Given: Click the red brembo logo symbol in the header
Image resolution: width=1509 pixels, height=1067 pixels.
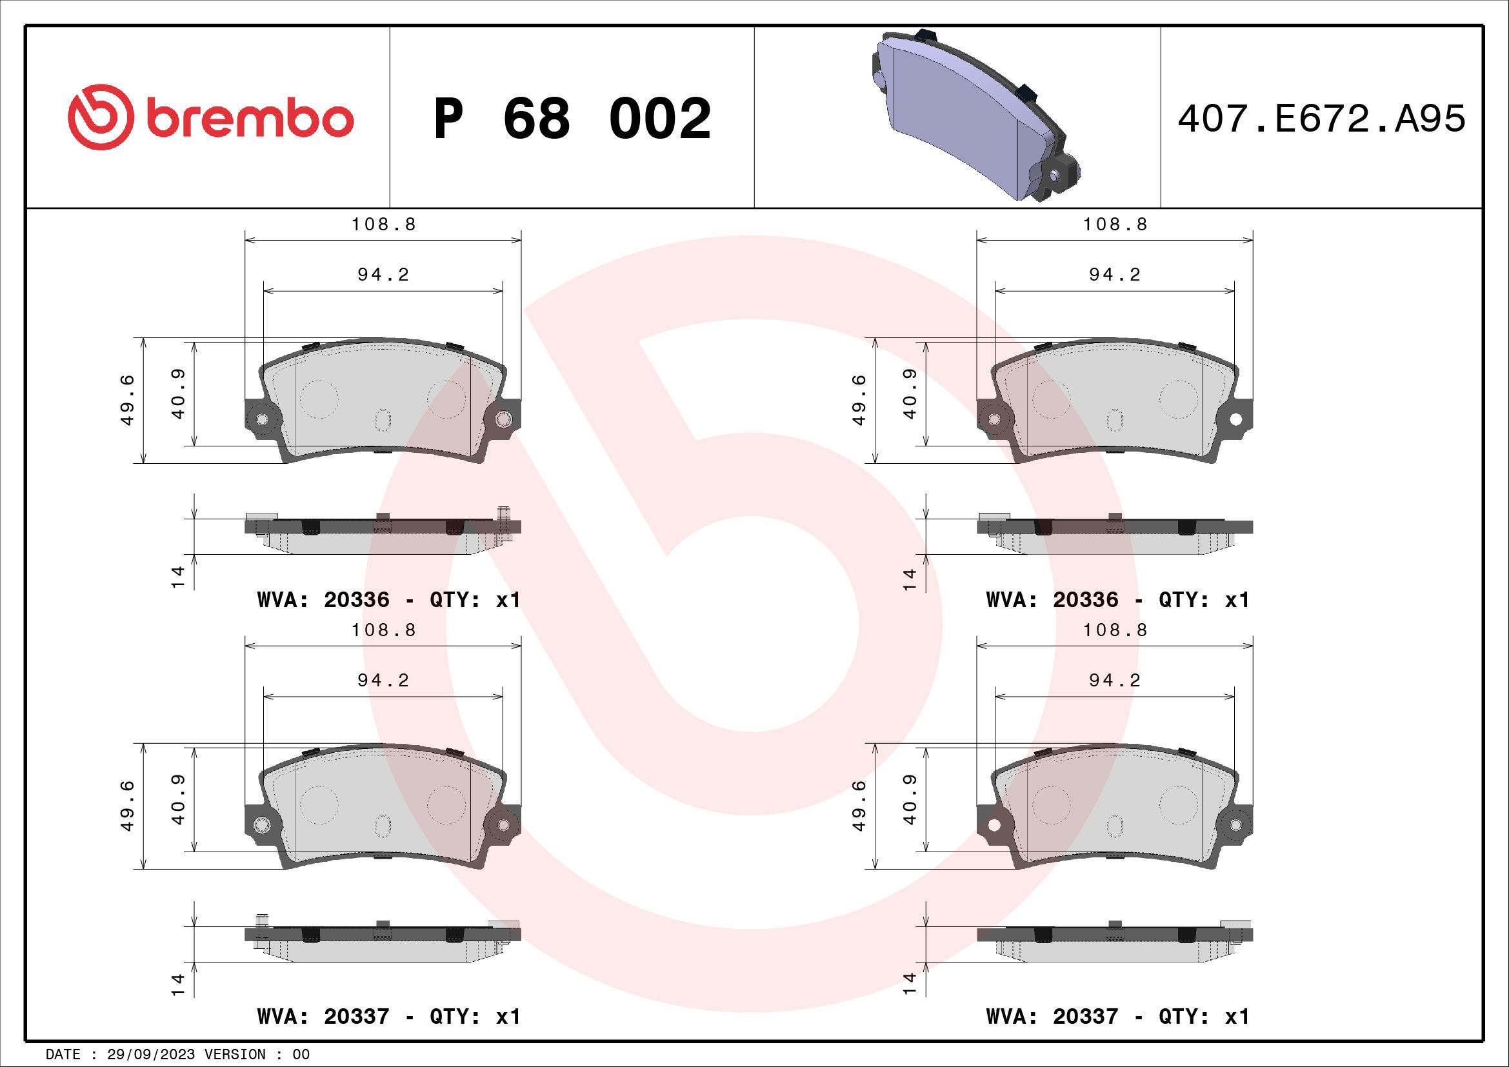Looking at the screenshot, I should coord(97,117).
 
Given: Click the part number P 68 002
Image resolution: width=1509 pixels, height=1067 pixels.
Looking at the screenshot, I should coord(572,119).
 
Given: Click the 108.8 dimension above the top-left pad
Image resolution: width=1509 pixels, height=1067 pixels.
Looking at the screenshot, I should coord(383,224).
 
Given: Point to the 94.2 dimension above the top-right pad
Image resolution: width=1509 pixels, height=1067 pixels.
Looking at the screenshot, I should coord(1115,275).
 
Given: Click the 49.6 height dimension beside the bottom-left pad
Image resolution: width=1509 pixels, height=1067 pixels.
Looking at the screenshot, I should coord(128,806).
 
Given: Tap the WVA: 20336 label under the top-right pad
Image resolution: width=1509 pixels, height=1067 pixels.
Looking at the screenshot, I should coord(1052,599).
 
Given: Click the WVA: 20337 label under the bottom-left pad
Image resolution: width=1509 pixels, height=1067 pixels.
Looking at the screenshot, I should coord(323,1017).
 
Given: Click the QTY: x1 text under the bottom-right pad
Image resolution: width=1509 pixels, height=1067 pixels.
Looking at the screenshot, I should coord(1203,1017).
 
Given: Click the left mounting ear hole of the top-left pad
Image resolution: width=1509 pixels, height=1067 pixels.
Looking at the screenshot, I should coord(262,419).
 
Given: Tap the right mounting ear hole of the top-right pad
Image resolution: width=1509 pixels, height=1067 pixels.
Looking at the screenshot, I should coord(1235,419).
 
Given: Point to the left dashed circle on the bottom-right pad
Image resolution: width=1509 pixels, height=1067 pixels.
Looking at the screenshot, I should coord(1051,804).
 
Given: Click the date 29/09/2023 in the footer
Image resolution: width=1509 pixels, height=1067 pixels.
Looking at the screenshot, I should coord(150,1055).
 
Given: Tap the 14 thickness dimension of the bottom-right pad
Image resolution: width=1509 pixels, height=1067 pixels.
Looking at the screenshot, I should coord(910,983).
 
